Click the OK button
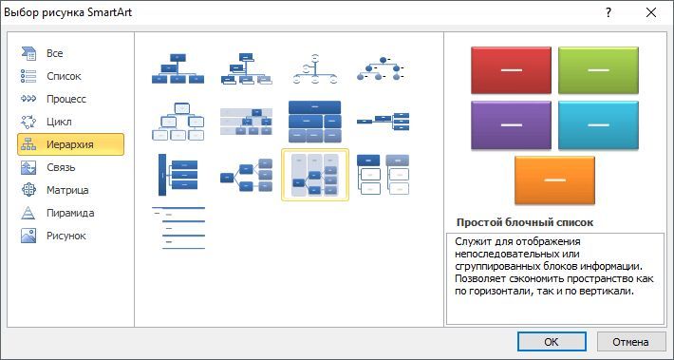pos(552,342)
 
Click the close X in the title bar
pos(651,13)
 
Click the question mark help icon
pos(608,13)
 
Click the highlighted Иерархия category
pos(70,144)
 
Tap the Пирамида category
pos(70,213)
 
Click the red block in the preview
pos(511,70)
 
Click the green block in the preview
pos(598,70)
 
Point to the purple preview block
pos(511,124)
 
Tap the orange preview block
pos(554,180)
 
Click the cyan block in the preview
pos(598,124)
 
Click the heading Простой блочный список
pos(525,222)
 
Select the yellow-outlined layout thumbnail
pos(315,175)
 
